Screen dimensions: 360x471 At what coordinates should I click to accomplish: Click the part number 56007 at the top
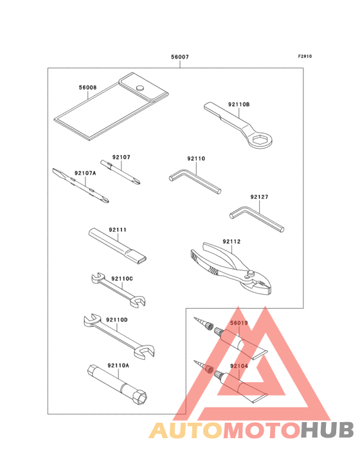coord(180,57)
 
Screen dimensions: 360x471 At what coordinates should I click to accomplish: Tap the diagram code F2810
coord(305,56)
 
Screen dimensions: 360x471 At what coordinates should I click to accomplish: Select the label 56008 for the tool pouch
coord(87,88)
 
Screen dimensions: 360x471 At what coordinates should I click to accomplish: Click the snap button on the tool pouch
coord(139,88)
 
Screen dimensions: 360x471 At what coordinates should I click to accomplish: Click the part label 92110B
coord(239,104)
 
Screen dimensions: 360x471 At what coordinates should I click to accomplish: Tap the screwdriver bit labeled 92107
coord(121,172)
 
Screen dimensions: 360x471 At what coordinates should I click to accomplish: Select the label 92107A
coord(85,173)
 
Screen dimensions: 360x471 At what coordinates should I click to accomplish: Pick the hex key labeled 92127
coord(256,218)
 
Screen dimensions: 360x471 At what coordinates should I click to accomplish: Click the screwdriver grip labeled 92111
coord(118,246)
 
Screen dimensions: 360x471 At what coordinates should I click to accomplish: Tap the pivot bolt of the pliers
coord(251,273)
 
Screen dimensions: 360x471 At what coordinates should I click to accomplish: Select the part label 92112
coord(231,241)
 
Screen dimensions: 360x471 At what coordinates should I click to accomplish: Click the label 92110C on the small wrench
coord(122,279)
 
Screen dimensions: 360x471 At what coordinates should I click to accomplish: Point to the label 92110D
coord(117,320)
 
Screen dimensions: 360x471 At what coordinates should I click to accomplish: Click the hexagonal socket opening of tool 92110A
coord(142,398)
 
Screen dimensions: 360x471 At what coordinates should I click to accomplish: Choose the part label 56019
coord(239,323)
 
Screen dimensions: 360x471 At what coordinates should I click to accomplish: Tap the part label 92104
coord(239,366)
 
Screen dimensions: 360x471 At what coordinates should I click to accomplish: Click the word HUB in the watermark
coord(327,430)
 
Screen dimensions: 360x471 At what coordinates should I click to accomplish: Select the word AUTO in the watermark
coord(186,430)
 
